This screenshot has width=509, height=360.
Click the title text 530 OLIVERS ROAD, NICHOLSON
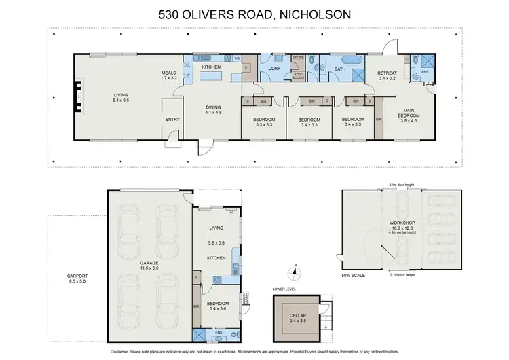254,13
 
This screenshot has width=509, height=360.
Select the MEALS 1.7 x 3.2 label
168,75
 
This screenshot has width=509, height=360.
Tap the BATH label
341,69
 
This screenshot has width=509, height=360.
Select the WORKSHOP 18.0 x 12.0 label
398,226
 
